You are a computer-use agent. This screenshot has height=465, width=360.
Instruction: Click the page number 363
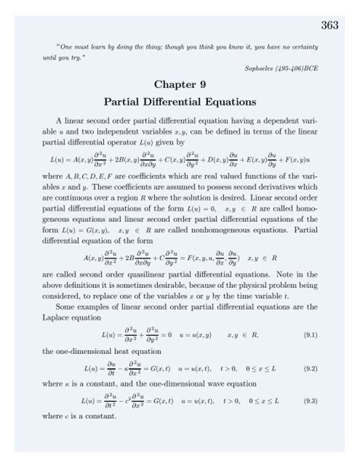point(329,25)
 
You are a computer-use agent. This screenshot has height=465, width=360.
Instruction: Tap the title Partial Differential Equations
point(179,100)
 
